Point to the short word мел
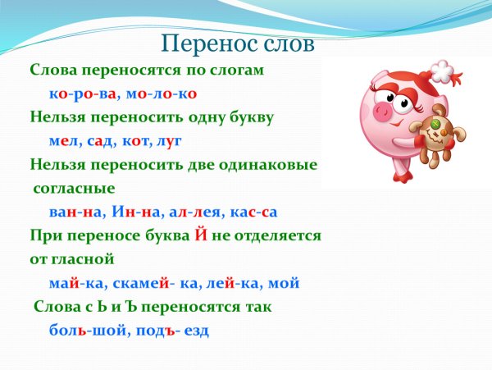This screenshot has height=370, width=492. click(x=65, y=140)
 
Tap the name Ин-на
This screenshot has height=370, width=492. click(x=134, y=212)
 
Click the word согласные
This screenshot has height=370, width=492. click(x=74, y=188)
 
